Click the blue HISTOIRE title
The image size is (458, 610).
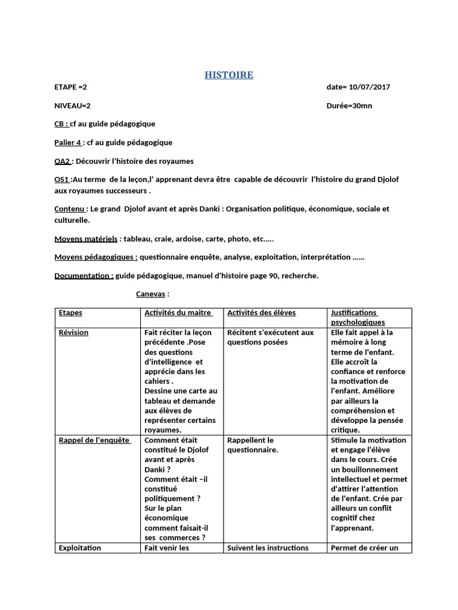click(229, 75)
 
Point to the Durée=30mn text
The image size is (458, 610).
click(349, 105)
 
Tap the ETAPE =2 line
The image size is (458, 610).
click(71, 87)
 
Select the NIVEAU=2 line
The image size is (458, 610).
click(73, 105)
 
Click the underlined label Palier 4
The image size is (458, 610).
click(67, 142)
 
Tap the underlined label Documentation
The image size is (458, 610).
click(83, 276)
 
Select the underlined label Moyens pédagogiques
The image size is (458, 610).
click(95, 257)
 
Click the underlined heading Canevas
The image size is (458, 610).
click(150, 294)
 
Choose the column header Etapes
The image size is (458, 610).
click(70, 313)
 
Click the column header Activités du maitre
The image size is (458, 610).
click(178, 313)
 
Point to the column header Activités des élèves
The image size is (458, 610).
click(261, 313)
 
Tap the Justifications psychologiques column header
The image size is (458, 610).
click(358, 317)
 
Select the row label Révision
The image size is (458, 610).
click(73, 332)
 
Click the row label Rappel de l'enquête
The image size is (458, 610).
click(94, 440)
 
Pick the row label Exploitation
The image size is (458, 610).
click(80, 547)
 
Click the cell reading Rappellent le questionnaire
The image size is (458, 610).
click(252, 445)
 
